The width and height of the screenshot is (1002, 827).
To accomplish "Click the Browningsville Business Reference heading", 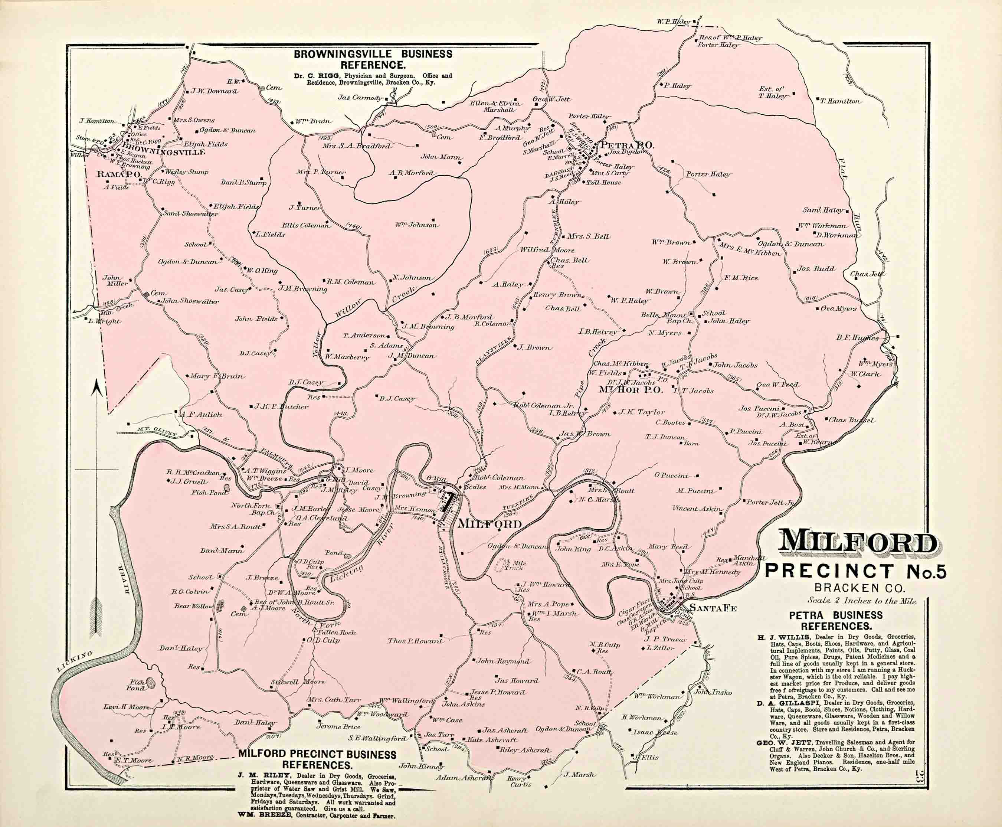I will coord(373,59).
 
